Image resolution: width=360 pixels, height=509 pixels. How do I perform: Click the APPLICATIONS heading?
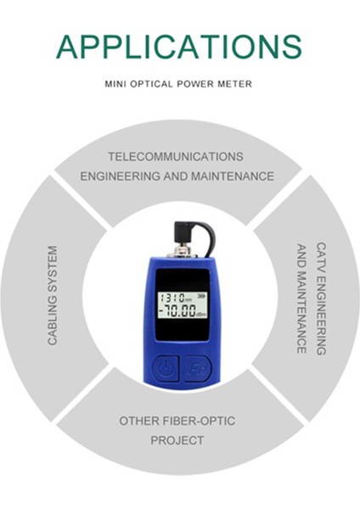click(179, 46)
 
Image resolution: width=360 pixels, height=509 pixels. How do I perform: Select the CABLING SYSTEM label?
click(53, 296)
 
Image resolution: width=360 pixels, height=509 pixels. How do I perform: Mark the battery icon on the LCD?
click(201, 294)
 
